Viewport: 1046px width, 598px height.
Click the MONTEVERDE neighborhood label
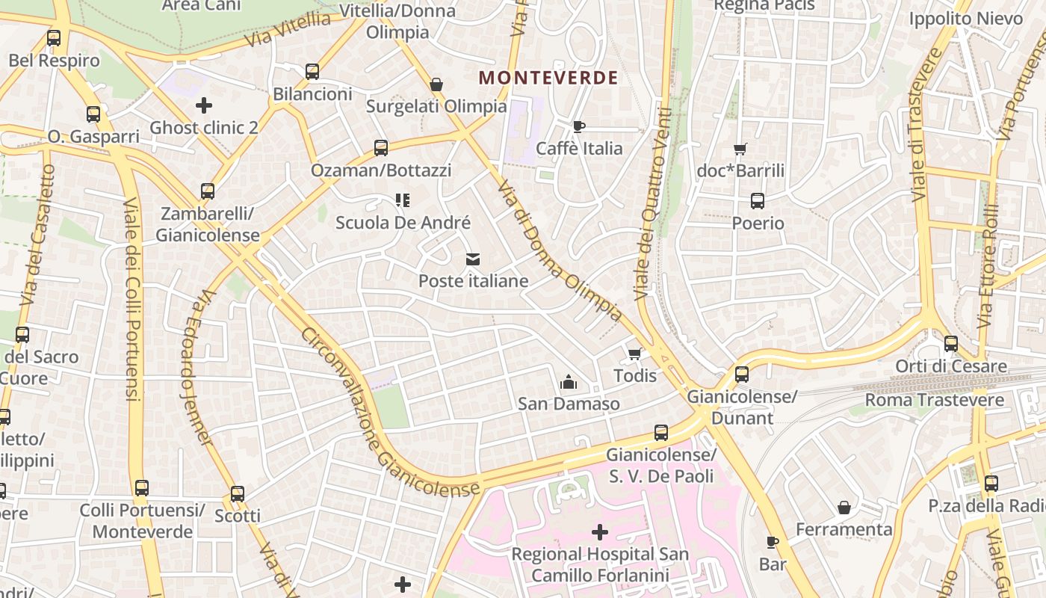[x=548, y=78]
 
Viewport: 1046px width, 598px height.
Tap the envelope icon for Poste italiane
[x=472, y=259]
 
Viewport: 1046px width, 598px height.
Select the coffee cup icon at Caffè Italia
[x=578, y=126]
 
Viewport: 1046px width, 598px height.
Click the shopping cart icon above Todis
[x=635, y=354]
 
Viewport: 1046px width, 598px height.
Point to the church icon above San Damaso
[x=569, y=382]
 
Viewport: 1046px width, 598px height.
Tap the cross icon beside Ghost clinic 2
[x=203, y=105]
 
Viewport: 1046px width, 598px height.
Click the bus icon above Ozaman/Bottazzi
[x=381, y=148]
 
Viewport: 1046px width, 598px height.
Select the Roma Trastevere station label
[x=934, y=400]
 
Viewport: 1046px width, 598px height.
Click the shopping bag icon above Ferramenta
[x=844, y=508]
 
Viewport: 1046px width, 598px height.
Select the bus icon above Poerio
[x=758, y=201]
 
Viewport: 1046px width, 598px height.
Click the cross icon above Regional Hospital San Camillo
[x=599, y=532]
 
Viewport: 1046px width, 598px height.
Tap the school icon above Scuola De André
[x=403, y=200]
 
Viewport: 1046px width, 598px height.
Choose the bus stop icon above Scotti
[x=238, y=494]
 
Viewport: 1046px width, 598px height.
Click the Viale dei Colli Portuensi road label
[x=131, y=299]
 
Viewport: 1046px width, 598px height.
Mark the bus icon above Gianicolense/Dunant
[x=742, y=374]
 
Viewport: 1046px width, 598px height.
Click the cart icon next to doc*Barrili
[x=740, y=149]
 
